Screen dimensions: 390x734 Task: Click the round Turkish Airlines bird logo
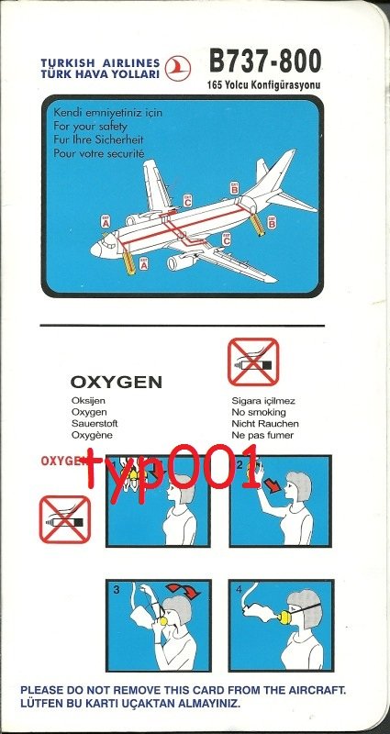click(178, 68)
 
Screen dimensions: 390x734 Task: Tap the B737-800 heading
click(265, 61)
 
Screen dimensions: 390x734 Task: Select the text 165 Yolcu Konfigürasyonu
click(264, 85)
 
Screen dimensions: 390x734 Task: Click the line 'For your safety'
click(90, 126)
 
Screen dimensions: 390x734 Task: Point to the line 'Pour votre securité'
click(99, 153)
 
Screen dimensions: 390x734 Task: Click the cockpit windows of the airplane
click(109, 241)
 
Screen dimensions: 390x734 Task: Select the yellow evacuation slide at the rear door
click(257, 225)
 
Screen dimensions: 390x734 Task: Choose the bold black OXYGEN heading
click(117, 383)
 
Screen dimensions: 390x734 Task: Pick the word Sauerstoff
click(95, 424)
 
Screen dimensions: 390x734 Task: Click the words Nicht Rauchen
click(265, 424)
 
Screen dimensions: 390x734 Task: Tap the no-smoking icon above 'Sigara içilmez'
click(253, 361)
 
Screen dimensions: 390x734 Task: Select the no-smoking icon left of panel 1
click(64, 519)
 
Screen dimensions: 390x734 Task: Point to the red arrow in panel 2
click(272, 485)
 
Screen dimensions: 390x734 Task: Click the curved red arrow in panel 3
click(183, 591)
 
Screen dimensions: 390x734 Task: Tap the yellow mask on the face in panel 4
click(284, 617)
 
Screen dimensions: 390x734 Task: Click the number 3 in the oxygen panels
click(117, 591)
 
